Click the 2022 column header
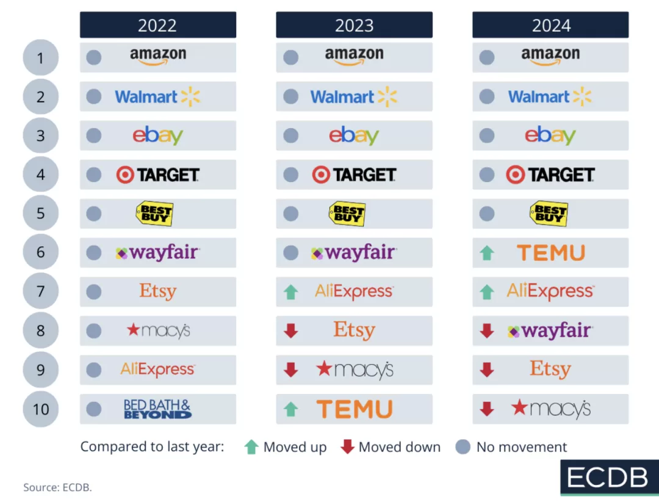click(x=157, y=25)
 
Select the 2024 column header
click(x=550, y=25)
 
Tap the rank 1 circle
click(x=40, y=58)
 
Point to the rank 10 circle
click(x=40, y=409)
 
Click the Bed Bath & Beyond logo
click(x=157, y=409)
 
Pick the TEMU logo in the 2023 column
click(x=355, y=409)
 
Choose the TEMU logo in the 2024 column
click(x=551, y=253)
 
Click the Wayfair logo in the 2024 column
click(x=550, y=331)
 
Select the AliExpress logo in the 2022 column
click(x=157, y=369)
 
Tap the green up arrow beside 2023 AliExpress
click(x=291, y=292)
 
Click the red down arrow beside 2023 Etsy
click(x=291, y=331)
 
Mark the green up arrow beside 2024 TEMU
click(x=487, y=253)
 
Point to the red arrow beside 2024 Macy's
click(x=487, y=409)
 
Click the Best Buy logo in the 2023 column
click(x=347, y=214)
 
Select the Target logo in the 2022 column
click(x=157, y=175)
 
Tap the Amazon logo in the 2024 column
click(x=550, y=56)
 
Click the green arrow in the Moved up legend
click(x=251, y=447)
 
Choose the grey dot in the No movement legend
click(x=463, y=447)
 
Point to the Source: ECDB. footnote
click(x=57, y=487)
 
